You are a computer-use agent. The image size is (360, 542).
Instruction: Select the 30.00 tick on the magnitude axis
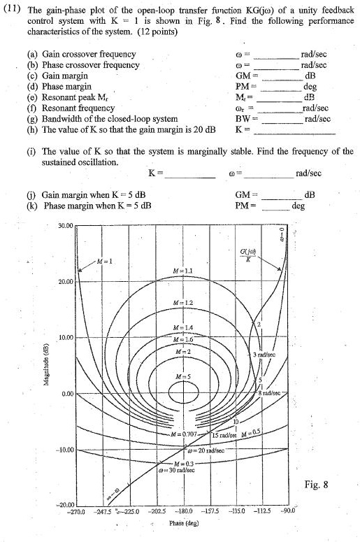(x=64, y=226)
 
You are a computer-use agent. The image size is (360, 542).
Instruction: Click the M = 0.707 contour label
(x=185, y=434)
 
